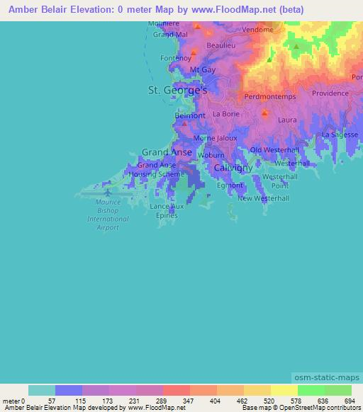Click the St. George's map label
click(177, 91)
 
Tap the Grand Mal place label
click(170, 34)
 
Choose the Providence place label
click(330, 93)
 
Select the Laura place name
click(287, 120)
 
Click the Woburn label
click(211, 155)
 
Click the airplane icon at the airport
click(108, 191)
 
